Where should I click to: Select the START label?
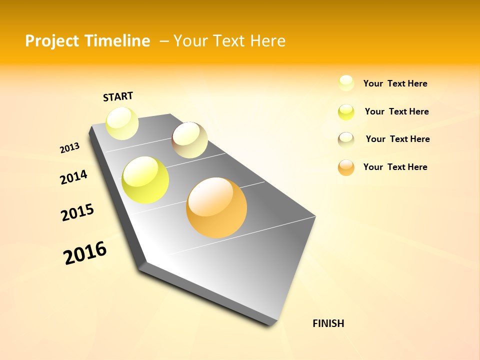(118, 96)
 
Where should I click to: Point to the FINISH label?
(328, 323)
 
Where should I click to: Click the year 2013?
(69, 148)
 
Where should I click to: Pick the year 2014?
(73, 177)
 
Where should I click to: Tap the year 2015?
(77, 212)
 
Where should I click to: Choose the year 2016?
(85, 252)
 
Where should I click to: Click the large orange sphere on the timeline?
(216, 207)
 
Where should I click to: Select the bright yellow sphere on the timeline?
(145, 180)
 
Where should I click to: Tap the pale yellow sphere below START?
(122, 123)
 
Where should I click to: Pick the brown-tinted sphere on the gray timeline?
(189, 140)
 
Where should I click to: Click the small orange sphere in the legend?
(346, 167)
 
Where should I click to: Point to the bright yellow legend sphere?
(346, 112)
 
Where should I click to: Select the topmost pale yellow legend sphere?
(346, 83)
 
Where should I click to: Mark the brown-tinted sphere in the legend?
(346, 139)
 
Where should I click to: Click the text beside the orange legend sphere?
(395, 167)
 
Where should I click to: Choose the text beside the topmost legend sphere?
(395, 83)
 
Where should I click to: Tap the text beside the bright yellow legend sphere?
(396, 111)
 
